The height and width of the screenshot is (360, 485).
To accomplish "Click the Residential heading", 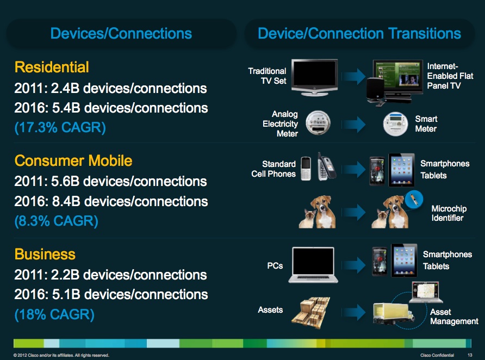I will [52, 67].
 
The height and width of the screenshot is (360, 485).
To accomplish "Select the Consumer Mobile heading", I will [73, 161].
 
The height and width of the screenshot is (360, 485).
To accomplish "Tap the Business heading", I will [45, 255].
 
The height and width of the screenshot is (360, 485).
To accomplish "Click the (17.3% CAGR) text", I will [60, 128].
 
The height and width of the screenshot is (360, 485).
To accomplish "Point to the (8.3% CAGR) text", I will [57, 222].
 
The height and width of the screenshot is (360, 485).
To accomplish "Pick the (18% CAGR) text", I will [54, 315].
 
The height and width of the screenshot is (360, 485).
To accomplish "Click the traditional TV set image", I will [315, 78].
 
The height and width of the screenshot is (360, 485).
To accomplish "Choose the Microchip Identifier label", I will [449, 213].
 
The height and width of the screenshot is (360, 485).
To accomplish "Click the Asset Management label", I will [454, 316].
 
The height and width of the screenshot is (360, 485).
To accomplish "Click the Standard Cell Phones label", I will [273, 169].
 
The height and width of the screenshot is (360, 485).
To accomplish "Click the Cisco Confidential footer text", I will [437, 355].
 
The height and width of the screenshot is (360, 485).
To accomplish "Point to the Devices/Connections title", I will [121, 33].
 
